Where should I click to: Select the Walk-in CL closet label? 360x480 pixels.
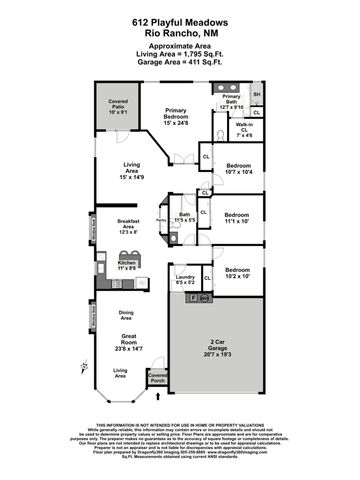245,128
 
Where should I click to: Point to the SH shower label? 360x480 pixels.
257,94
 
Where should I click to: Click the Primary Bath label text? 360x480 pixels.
231,99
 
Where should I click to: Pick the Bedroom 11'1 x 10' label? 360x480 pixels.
238,219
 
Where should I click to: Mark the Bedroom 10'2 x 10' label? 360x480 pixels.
238,273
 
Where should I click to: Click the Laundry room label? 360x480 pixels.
185,279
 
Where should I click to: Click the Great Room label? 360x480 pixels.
129,341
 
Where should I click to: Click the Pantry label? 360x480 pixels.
160,224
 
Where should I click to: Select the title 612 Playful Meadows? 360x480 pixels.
180,20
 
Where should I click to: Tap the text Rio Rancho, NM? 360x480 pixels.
180,31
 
